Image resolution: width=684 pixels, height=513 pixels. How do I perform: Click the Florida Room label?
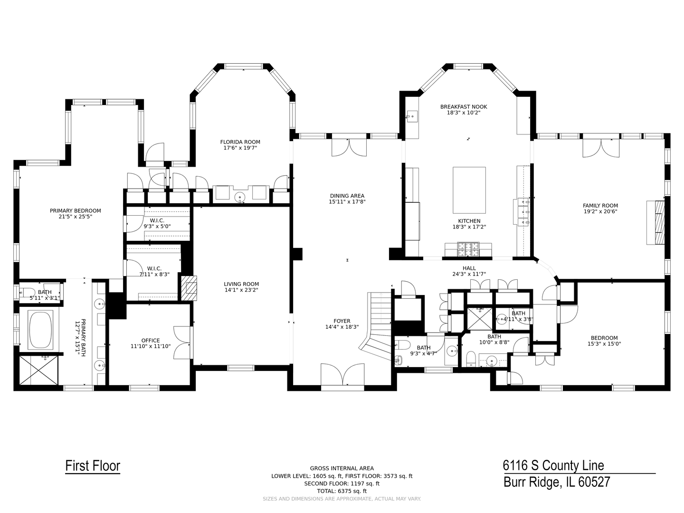240,142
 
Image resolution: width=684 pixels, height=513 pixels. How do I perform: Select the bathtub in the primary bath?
40,330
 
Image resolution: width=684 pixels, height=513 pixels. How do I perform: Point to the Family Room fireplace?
655,222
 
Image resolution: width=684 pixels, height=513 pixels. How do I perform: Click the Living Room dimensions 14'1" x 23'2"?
241,290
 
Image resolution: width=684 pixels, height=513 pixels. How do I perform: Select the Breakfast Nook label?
464,107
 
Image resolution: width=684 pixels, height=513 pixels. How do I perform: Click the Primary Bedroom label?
76,211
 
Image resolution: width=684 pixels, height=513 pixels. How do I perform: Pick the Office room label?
151,341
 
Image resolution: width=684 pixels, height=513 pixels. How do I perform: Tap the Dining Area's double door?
349,147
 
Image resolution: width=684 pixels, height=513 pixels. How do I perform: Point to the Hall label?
469,268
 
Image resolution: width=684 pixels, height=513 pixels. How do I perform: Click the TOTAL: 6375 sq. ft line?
342,491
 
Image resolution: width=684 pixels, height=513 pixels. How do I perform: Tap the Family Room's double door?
601,148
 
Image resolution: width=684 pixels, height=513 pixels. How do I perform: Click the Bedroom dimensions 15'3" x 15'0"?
604,344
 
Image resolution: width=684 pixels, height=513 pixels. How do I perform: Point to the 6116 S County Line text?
553,465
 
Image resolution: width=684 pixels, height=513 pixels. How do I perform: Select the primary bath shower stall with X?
38,370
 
